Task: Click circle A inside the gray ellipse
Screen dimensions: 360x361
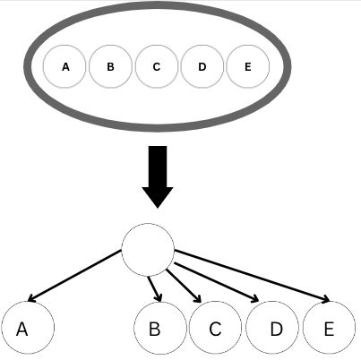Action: [x=66, y=66]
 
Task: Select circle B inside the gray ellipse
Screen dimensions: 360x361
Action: [x=111, y=66]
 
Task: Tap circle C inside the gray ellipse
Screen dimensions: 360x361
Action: [x=157, y=66]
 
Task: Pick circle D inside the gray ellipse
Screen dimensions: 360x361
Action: [x=202, y=66]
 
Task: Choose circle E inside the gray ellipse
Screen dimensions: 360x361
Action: [x=248, y=66]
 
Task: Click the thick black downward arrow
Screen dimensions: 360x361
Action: [x=158, y=175]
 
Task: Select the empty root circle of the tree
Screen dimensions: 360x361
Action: [x=147, y=249]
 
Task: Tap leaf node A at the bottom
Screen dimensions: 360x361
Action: [x=28, y=329]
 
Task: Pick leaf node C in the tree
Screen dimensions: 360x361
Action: [x=216, y=329]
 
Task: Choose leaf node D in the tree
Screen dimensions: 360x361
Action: [x=272, y=329]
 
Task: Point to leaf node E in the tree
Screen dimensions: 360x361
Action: [x=329, y=329]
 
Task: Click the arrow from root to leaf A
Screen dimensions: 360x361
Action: [x=76, y=276]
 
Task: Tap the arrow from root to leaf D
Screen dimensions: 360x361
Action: [x=215, y=281]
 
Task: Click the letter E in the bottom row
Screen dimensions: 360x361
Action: [x=329, y=330]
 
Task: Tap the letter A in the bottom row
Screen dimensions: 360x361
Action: [x=22, y=330]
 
